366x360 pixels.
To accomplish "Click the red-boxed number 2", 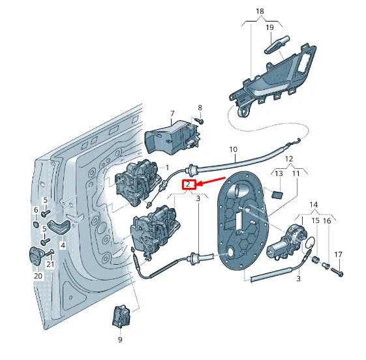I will tap(189, 185).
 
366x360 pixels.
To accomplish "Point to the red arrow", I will tap(210, 181).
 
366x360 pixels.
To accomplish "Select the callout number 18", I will tap(260, 12).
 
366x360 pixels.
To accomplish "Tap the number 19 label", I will tap(269, 28).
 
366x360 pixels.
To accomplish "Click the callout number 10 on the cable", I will tap(233, 150).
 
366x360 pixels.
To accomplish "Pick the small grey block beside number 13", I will tap(277, 194).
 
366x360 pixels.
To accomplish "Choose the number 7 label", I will tap(172, 114).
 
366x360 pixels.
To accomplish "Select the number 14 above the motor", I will tap(314, 205).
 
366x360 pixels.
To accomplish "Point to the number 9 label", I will tap(120, 339).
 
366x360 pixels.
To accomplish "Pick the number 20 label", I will tap(37, 276).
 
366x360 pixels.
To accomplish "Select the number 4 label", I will tap(63, 246).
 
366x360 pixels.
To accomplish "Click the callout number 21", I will tap(50, 264).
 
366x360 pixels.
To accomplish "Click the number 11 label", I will tap(296, 174).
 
